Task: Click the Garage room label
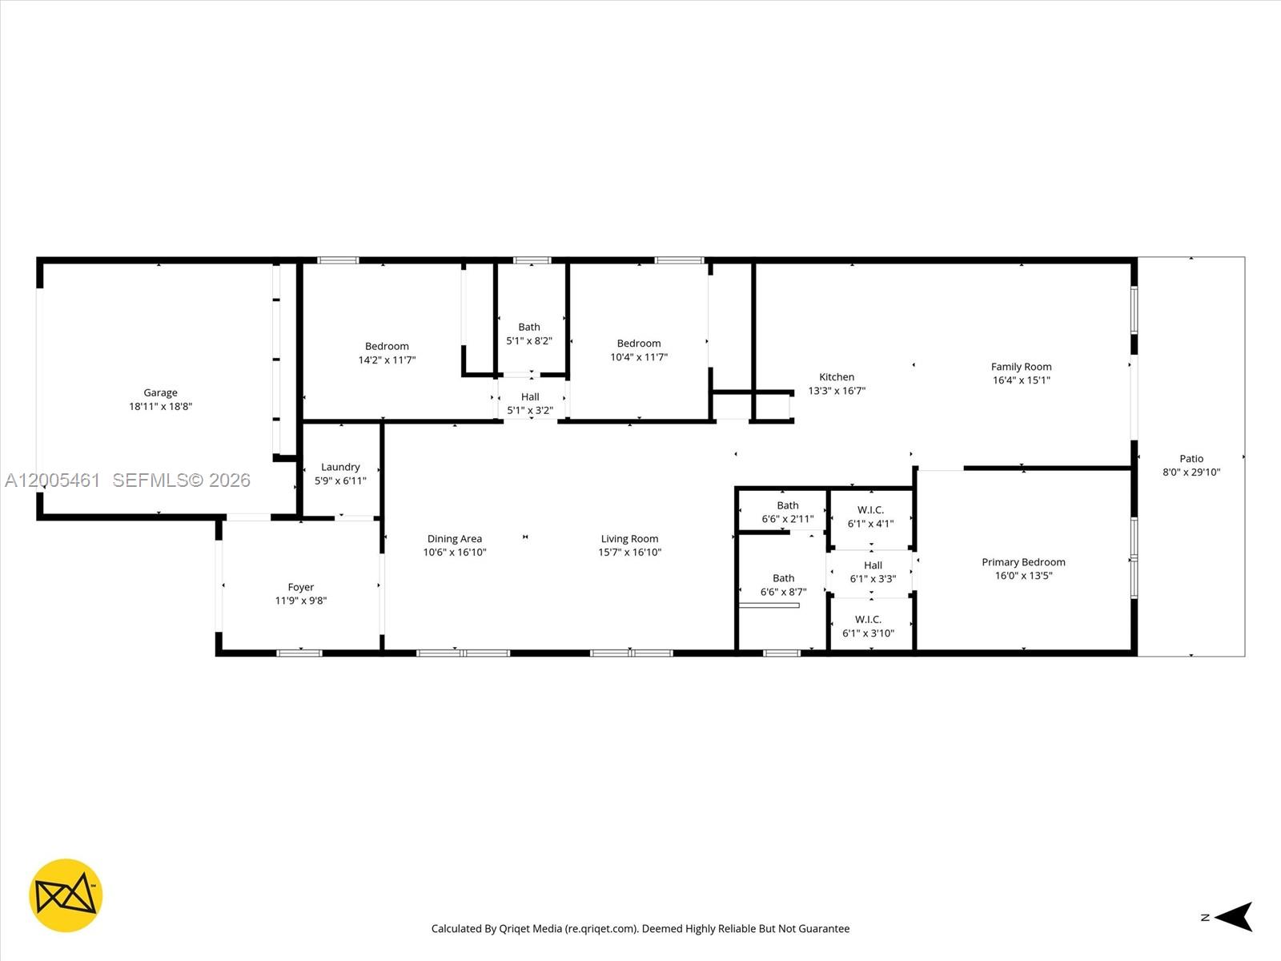pos(160,392)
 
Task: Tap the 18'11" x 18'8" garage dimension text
pos(160,406)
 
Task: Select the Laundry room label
pos(340,467)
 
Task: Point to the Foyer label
pos(301,587)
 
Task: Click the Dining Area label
pos(454,539)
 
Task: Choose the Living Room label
pos(629,539)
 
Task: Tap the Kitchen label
pos(837,377)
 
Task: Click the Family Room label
pos(1021,367)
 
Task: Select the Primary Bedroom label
pos(1023,562)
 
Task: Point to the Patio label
pos(1191,459)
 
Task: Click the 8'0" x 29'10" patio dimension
pos(1191,472)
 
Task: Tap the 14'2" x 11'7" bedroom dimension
pos(387,360)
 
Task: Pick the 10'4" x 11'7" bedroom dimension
pos(638,357)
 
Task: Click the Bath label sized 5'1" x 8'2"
pos(528,327)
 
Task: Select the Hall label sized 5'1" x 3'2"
pos(530,396)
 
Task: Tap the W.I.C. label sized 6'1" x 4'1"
pos(870,510)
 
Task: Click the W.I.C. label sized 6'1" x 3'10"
pos(868,619)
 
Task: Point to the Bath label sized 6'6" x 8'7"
pos(783,578)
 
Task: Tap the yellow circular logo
pos(66,895)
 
